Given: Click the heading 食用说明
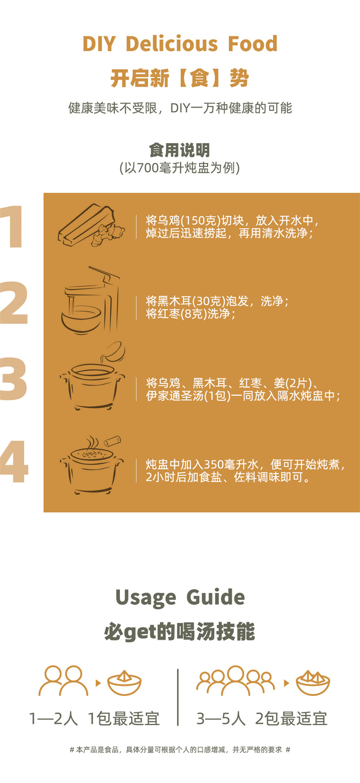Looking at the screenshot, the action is click(180, 150).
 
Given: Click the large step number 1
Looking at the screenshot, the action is click(12, 227).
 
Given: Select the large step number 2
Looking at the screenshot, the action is click(14, 302).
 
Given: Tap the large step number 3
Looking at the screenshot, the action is click(13, 379).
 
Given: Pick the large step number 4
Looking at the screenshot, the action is click(14, 461).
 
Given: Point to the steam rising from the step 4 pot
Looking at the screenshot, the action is click(92, 442).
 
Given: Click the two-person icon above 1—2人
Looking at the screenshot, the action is click(63, 681).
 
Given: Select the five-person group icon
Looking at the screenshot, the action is click(236, 681).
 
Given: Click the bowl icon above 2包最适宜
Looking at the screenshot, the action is click(313, 683).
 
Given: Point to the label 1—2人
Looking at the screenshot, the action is click(53, 719).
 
